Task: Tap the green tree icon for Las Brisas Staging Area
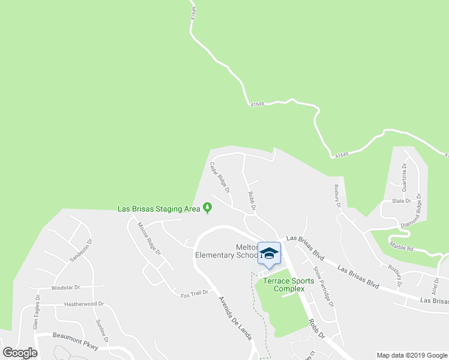[208, 208]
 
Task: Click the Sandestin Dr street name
[82, 251]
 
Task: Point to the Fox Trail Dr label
[194, 293]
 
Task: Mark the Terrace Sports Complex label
[285, 284]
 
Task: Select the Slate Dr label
[402, 201]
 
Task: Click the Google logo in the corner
[20, 353]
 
